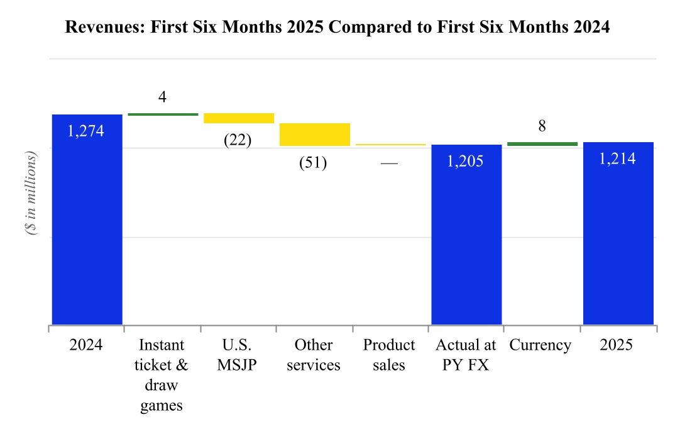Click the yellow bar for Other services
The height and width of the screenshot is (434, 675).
tap(314, 135)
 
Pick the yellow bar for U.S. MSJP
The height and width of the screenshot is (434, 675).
tap(238, 118)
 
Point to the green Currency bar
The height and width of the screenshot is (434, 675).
tap(542, 144)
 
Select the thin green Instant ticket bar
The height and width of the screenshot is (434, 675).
tap(163, 114)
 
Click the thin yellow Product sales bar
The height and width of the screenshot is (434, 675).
tap(390, 145)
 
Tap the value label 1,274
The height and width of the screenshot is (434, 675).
tap(85, 131)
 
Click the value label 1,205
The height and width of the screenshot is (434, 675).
tap(465, 162)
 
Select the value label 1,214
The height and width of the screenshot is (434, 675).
tap(617, 159)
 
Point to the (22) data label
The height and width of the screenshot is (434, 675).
tap(238, 140)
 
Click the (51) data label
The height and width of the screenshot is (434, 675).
tap(313, 163)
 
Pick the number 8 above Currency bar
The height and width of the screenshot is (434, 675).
tap(542, 126)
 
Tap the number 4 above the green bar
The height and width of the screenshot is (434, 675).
tap(162, 98)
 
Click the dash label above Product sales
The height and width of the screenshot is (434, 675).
tap(389, 164)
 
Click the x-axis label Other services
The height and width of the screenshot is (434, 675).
tap(313, 355)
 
